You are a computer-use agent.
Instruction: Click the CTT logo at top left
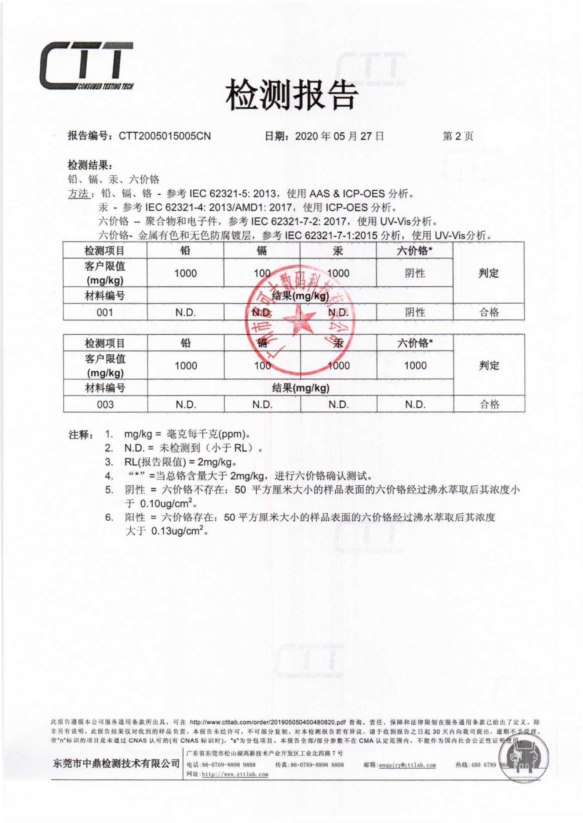[87, 66]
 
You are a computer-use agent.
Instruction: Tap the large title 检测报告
[291, 96]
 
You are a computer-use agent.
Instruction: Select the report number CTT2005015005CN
[165, 136]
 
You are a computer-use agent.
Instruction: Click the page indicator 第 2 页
[458, 136]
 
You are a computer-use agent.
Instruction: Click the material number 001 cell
[105, 312]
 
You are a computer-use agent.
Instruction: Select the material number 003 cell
[105, 404]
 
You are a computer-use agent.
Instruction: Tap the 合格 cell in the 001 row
[489, 312]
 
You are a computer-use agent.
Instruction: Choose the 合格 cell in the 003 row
[489, 404]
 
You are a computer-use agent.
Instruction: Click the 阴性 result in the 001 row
[415, 312]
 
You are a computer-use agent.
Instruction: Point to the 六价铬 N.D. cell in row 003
[415, 404]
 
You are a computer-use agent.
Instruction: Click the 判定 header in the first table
[488, 273]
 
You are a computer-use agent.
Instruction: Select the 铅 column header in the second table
[186, 343]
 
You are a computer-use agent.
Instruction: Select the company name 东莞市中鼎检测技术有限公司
[116, 764]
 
